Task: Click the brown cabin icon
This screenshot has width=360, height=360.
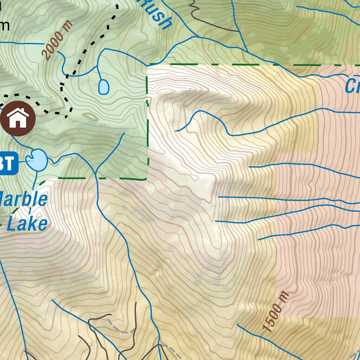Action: pos(18,118)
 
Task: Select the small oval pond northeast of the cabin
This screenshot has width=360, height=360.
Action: pos(103,87)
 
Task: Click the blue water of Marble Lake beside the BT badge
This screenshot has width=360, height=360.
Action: pos(37,160)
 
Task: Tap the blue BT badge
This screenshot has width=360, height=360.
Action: pos(8,163)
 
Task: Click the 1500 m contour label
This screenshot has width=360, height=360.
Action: pos(276,312)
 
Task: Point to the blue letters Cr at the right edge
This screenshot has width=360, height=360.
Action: pos(352,86)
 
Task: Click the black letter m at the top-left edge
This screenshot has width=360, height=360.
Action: pos(4,25)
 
